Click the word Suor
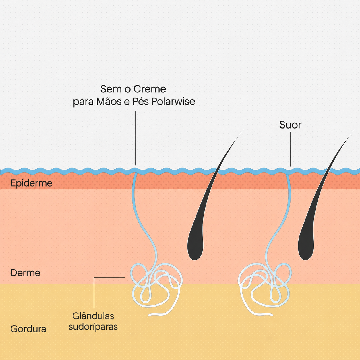pos(290,125)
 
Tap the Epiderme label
pos(31,183)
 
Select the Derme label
pos(26,273)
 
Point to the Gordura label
pos(28,329)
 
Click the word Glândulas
pos(93,316)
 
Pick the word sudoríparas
pos(93,327)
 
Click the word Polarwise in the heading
pos(173,102)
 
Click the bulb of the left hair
pos(195,249)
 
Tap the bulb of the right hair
pos(306,249)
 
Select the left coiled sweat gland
pos(156,288)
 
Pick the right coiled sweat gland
pos(264,288)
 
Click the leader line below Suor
pos(290,149)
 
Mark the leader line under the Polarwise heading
pos(135,138)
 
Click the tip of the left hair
pos(244,129)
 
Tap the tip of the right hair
pos(354,129)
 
